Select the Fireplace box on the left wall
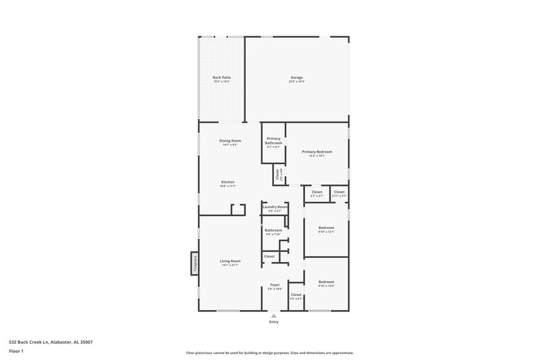(x=194, y=263)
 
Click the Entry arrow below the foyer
(x=273, y=315)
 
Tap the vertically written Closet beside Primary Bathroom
(x=277, y=175)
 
